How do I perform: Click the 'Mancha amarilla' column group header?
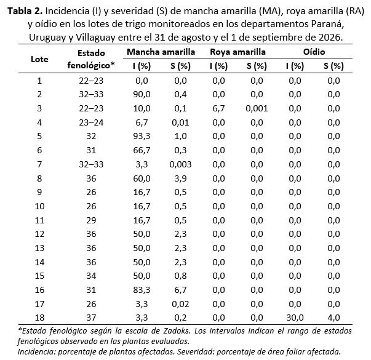click(x=161, y=52)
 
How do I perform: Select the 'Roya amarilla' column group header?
click(x=237, y=52)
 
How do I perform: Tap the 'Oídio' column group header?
click(x=314, y=52)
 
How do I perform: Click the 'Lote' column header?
click(x=39, y=59)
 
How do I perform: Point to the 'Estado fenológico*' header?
click(x=91, y=59)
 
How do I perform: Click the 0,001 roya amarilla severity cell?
click(x=257, y=108)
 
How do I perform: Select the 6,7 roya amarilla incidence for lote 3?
click(x=218, y=108)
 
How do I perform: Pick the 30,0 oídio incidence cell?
click(x=295, y=318)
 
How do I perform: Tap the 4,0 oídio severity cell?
click(x=334, y=318)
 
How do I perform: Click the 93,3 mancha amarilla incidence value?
click(x=142, y=137)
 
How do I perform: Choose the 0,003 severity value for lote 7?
click(x=180, y=164)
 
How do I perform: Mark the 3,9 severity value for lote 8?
click(x=180, y=178)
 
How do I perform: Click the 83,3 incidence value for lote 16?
click(x=142, y=290)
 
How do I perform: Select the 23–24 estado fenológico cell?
click(x=91, y=122)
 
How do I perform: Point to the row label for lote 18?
click(x=39, y=318)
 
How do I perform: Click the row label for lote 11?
click(x=39, y=220)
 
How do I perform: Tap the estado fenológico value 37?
click(x=91, y=318)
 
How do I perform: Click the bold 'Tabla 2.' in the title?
click(x=25, y=11)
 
